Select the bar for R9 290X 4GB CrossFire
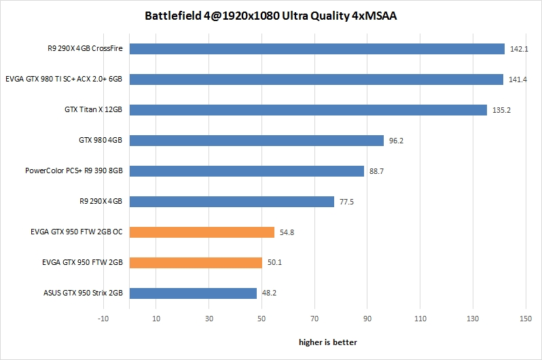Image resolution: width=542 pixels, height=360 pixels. (x=317, y=49)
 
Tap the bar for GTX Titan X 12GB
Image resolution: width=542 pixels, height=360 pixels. (x=308, y=110)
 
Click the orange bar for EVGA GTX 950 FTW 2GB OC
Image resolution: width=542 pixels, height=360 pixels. (x=202, y=232)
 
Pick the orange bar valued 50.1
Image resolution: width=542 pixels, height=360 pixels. (x=196, y=263)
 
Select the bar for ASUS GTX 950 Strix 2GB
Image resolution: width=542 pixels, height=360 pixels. (x=193, y=293)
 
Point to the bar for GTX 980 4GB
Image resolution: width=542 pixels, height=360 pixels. (x=257, y=141)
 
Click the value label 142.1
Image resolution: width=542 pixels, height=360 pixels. (x=518, y=50)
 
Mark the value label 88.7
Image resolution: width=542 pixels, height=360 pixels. (x=377, y=172)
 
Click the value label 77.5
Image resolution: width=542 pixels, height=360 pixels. (x=347, y=202)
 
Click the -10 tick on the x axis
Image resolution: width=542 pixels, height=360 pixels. (x=103, y=318)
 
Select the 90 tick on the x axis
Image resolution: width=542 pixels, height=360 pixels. (x=367, y=318)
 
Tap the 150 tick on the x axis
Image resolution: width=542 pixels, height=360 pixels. (x=525, y=318)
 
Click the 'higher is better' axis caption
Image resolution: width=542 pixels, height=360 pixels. (x=328, y=342)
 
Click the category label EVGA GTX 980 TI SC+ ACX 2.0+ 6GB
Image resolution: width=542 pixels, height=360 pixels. (x=64, y=79)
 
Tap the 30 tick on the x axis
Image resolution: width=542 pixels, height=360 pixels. (x=209, y=318)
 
